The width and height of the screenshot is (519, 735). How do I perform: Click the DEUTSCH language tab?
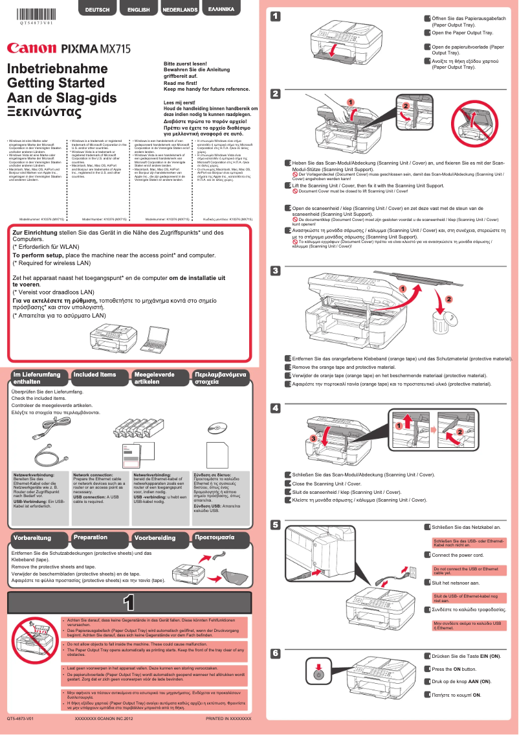(97, 10)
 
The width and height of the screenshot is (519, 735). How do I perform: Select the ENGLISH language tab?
(138, 10)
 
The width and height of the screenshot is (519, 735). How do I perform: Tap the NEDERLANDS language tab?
(180, 10)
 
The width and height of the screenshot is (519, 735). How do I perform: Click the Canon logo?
(30, 48)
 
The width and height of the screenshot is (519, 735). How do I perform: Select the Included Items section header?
(94, 375)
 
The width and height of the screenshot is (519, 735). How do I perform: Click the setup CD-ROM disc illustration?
(217, 428)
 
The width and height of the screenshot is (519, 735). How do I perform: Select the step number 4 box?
(275, 408)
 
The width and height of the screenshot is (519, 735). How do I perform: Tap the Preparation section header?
(91, 537)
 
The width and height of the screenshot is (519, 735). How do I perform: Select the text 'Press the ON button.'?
(454, 669)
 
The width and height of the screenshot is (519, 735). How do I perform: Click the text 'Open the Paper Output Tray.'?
(462, 32)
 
